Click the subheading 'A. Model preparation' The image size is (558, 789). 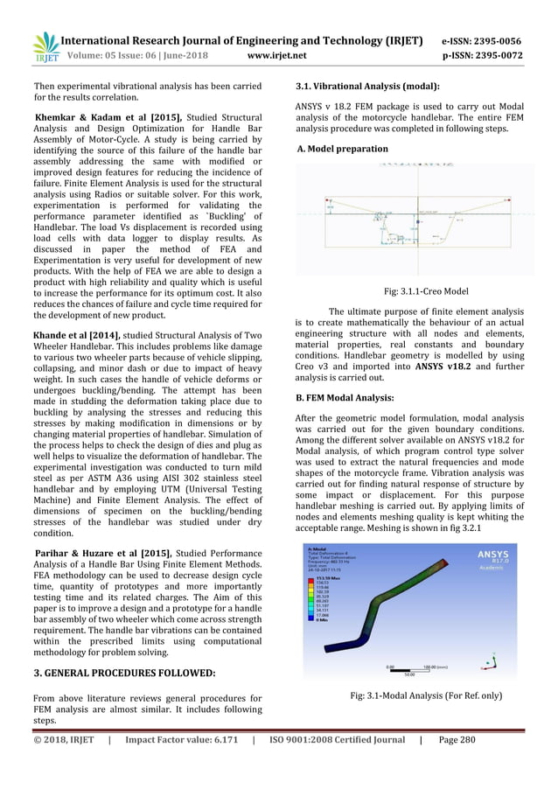point(342,149)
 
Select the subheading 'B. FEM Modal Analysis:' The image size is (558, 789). point(346,399)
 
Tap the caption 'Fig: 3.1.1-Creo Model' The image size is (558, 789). point(426,291)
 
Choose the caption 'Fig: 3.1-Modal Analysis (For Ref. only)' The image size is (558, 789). point(426,695)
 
